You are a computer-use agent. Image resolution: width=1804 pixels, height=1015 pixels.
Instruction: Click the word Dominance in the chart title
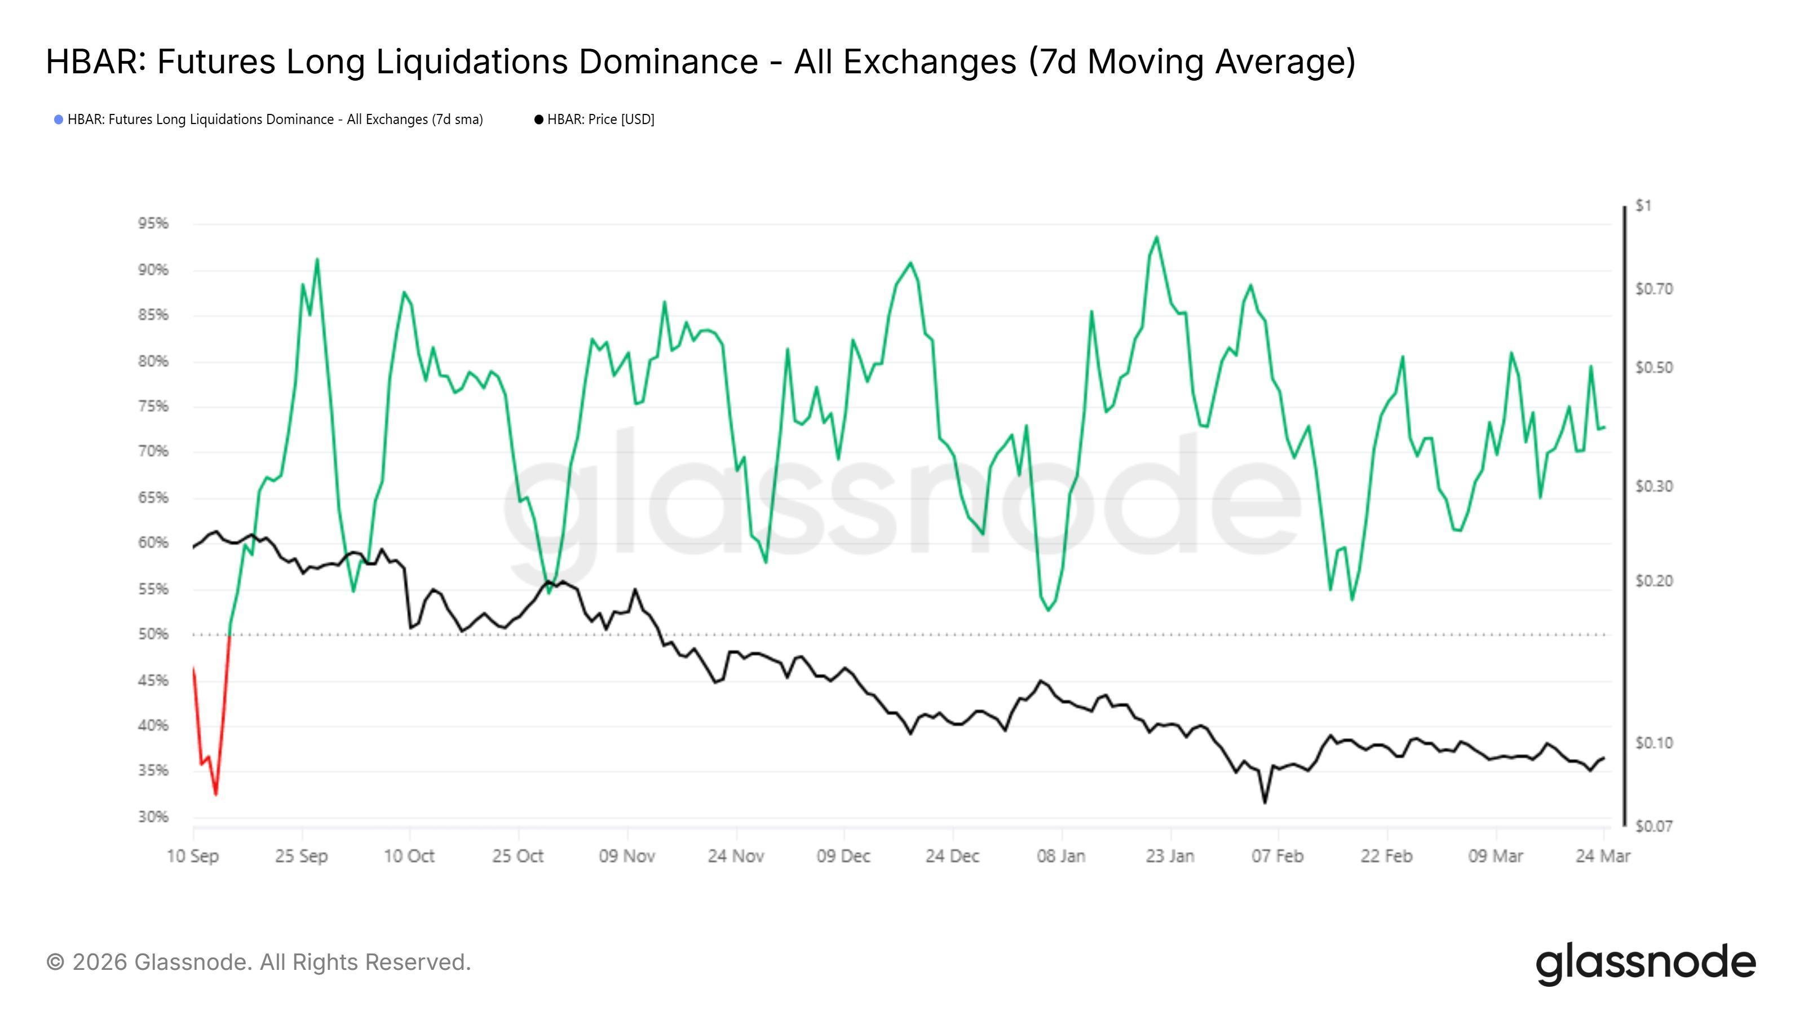point(667,61)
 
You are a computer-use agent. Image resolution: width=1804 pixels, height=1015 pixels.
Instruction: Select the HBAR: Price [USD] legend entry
point(600,120)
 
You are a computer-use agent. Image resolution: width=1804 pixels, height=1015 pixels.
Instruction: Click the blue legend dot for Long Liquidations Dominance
point(59,120)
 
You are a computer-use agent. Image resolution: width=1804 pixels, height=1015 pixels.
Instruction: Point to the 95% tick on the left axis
point(153,223)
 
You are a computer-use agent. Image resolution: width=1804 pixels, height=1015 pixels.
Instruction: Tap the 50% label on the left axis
point(153,634)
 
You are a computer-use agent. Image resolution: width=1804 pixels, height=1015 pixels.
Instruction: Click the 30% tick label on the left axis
point(153,817)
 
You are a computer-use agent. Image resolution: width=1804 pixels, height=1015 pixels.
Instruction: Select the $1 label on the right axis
point(1643,206)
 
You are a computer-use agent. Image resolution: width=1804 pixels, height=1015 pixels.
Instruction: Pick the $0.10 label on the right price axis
point(1653,743)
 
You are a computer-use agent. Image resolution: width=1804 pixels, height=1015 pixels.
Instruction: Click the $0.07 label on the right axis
point(1653,827)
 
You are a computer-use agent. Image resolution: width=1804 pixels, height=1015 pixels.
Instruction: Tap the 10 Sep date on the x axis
point(193,856)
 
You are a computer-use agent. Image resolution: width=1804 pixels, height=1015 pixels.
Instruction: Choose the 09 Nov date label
point(627,856)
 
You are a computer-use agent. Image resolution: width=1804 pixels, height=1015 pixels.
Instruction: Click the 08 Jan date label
point(1061,856)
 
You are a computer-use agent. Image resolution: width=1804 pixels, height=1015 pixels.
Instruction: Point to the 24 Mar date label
point(1602,856)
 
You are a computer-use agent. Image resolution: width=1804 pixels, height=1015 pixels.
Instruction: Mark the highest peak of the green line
point(1156,237)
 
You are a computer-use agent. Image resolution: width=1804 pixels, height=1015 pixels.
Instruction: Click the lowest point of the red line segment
point(216,795)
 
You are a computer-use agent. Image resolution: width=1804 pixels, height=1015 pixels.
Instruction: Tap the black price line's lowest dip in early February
point(1264,803)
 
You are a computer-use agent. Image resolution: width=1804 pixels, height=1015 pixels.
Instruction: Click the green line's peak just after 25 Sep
point(317,259)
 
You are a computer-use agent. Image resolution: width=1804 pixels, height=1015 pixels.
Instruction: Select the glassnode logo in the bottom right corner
point(1646,963)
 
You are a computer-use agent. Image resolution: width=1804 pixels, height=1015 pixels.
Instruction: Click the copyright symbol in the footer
point(55,963)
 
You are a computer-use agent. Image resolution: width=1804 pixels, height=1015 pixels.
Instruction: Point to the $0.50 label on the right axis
point(1653,368)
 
